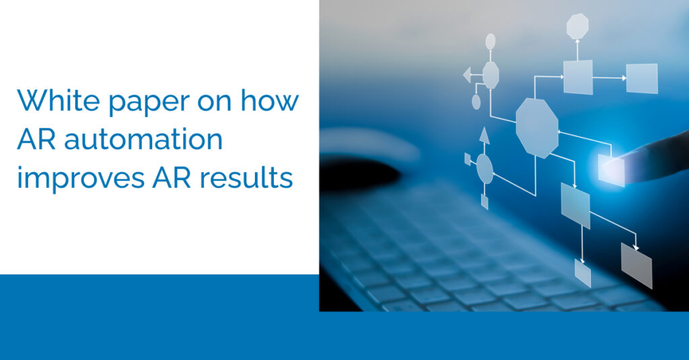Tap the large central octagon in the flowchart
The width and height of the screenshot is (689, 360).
pos(537,128)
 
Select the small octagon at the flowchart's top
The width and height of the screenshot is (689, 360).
pos(577,26)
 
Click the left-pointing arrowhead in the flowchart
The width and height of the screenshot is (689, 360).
pos(467,75)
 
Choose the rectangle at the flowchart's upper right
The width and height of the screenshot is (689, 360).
pos(642,78)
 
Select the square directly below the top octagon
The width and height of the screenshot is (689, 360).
pos(578,77)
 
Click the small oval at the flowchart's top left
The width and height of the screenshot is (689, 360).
pos(491,41)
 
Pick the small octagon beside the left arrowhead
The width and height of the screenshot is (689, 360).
pos(491,75)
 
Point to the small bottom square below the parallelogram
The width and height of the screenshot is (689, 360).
pos(583,273)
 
